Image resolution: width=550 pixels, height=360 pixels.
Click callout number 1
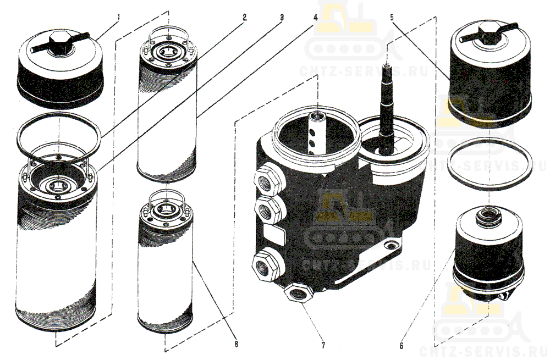click(x=119, y=16)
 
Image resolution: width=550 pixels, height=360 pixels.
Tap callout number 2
click(x=245, y=17)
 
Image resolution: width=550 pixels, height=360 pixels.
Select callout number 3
click(x=281, y=17)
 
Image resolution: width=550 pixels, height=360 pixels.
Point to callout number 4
click(x=315, y=18)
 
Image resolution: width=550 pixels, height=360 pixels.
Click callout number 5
click(x=393, y=17)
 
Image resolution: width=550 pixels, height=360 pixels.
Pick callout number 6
click(x=402, y=346)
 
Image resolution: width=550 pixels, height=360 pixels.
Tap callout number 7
click(x=323, y=346)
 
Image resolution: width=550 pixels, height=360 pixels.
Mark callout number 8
click(x=236, y=344)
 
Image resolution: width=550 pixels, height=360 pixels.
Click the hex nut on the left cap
click(x=61, y=43)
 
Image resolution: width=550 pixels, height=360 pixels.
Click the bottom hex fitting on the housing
click(x=298, y=293)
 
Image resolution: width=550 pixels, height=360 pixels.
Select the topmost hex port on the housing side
click(x=267, y=180)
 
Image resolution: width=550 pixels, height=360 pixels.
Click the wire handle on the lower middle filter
click(x=167, y=201)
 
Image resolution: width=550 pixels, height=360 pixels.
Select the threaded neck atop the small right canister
click(x=487, y=215)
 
